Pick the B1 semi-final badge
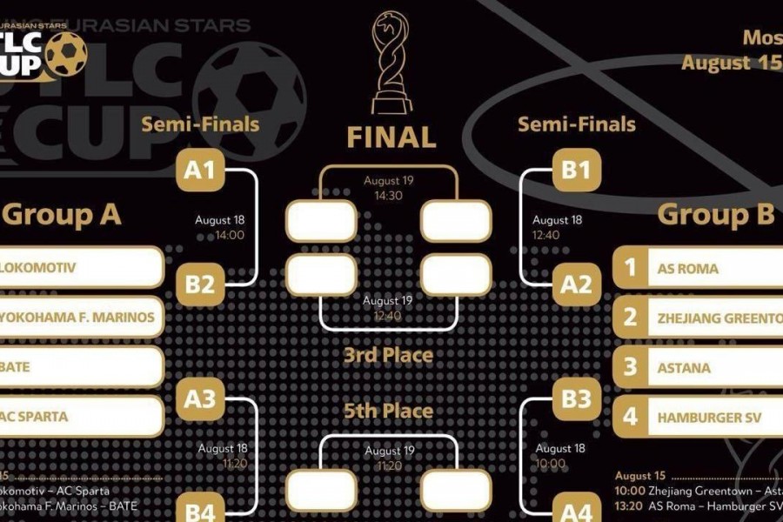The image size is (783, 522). (x=575, y=170)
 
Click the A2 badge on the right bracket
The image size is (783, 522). (x=575, y=284)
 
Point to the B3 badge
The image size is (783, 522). (x=575, y=399)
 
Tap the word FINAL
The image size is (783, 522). (x=391, y=137)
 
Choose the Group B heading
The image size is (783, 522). (x=715, y=214)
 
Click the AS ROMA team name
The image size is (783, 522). (x=688, y=269)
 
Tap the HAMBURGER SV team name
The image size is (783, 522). (x=709, y=418)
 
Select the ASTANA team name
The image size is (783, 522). (x=684, y=368)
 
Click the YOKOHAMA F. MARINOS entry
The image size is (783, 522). (x=78, y=317)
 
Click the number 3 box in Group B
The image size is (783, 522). (x=630, y=367)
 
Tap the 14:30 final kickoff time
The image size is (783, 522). (x=389, y=196)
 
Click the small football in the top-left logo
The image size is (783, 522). (x=66, y=54)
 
